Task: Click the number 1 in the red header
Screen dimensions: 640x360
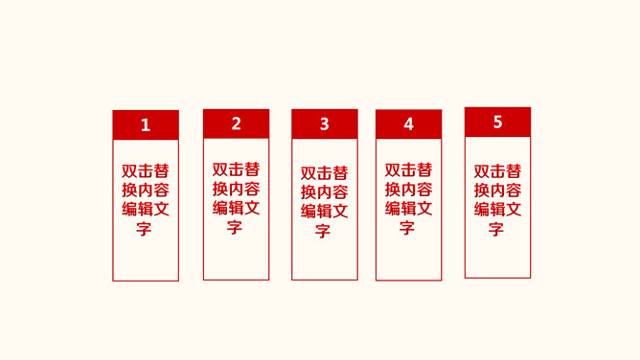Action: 146,125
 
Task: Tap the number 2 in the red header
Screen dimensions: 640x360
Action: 237,124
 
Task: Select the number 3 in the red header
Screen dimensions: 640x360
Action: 325,124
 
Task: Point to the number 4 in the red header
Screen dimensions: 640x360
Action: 409,124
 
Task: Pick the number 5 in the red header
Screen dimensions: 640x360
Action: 498,122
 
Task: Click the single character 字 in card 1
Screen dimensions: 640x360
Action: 145,229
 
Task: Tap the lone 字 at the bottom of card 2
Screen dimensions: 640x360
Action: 236,227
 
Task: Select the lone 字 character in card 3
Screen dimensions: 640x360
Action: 324,231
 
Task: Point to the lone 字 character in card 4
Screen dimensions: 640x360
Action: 408,228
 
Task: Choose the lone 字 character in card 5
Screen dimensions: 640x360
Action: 497,229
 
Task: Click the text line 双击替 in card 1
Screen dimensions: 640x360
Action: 146,171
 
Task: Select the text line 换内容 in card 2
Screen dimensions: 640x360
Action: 237,189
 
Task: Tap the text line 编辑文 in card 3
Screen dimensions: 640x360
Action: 325,212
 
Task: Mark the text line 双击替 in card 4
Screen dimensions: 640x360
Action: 409,170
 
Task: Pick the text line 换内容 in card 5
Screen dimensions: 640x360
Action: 498,191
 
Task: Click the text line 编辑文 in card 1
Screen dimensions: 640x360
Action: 146,210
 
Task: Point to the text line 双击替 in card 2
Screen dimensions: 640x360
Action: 237,169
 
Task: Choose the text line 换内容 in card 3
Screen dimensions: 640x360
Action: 325,192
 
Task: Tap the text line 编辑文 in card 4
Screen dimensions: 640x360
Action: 409,209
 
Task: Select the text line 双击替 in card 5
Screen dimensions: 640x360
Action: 498,171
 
